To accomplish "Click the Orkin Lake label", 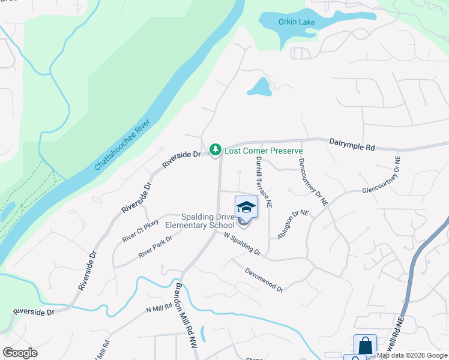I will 297,22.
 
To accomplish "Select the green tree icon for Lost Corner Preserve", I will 215,149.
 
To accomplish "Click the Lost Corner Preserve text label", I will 263,151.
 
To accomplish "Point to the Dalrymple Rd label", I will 352,144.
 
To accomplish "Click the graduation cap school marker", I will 246,208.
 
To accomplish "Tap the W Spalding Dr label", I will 242,244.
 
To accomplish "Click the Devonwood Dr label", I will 264,280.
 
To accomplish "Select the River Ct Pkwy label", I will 140,230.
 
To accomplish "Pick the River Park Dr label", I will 155,247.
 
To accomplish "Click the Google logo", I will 20,353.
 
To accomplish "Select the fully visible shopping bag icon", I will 365,346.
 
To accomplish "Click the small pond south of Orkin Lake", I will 260,88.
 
